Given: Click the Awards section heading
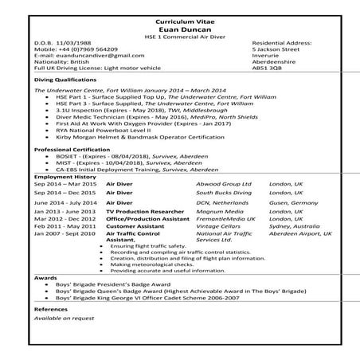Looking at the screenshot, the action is (45, 278).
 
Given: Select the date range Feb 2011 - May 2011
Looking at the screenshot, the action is (65, 226).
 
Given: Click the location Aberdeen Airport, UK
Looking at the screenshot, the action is (301, 233).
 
